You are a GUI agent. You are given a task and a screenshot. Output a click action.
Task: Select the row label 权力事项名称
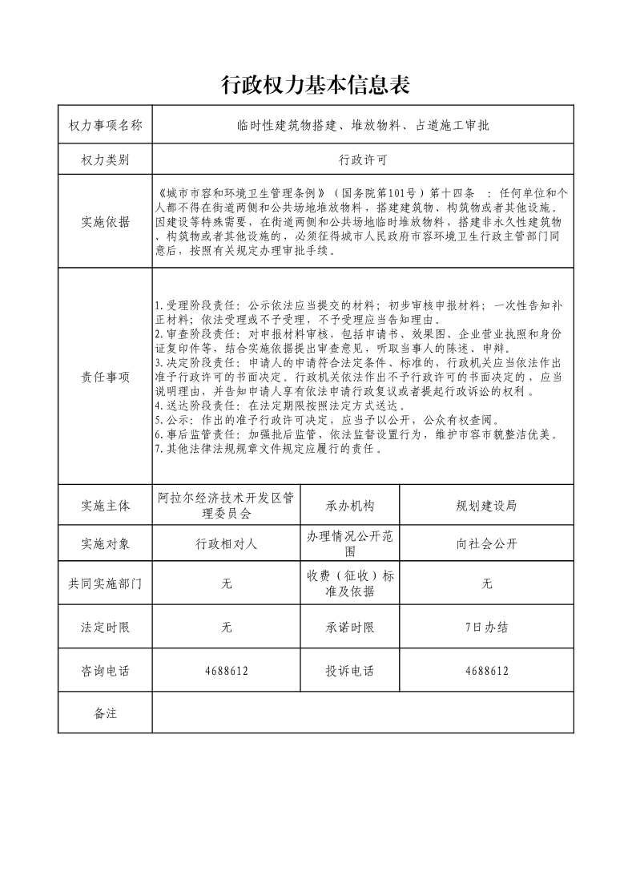[x=105, y=125]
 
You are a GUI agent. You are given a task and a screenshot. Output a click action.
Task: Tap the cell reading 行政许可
[x=363, y=160]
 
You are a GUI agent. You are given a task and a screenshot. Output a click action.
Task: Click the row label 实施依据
[x=105, y=222]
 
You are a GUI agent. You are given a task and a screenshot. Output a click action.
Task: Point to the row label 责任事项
[x=105, y=377]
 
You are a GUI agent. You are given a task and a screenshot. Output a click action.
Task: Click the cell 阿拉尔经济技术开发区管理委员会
[x=227, y=506]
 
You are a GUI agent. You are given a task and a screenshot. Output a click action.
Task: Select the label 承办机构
[x=349, y=506]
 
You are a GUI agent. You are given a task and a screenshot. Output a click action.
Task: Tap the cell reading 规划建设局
[x=486, y=506]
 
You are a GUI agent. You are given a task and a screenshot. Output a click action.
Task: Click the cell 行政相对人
[x=227, y=543]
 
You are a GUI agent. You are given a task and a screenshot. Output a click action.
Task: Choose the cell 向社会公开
[x=486, y=543]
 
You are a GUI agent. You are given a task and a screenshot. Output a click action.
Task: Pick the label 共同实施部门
[x=105, y=584]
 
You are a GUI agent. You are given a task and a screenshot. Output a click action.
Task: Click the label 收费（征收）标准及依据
[x=349, y=584]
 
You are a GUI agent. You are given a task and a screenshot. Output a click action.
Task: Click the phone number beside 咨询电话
[x=227, y=671]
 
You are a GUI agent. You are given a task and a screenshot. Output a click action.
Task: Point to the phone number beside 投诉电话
[x=486, y=671]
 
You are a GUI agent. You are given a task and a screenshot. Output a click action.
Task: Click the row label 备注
[x=105, y=713]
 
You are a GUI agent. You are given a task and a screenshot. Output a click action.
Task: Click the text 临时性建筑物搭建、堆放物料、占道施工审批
[x=363, y=125]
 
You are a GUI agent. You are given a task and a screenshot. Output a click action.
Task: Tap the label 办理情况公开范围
[x=349, y=543]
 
